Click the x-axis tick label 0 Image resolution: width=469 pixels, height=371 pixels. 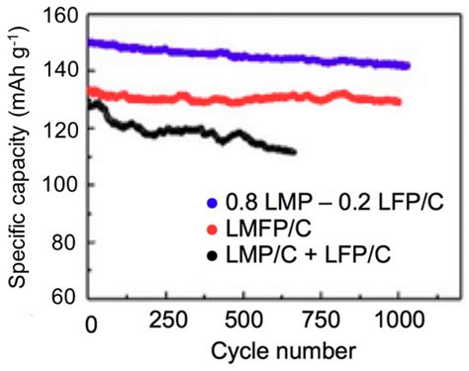pyautogui.click(x=90, y=322)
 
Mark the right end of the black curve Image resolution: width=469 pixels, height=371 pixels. pyautogui.click(x=294, y=150)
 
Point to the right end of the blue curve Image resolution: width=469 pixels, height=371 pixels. pyautogui.click(x=407, y=65)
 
